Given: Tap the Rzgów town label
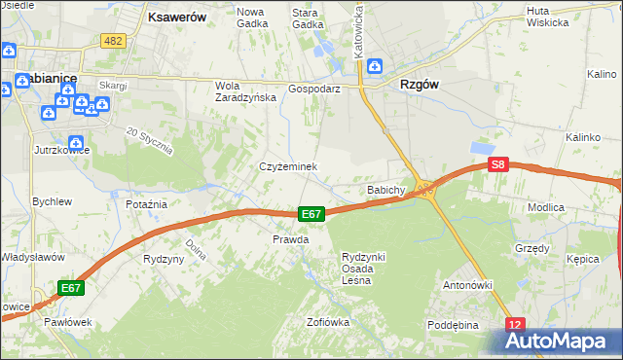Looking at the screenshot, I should coord(420,85).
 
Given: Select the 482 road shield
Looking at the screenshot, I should coord(113,40).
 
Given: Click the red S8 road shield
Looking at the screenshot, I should coord(498,166).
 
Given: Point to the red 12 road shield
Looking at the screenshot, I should coord(516,324).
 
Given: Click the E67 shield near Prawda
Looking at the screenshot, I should coord(311,214).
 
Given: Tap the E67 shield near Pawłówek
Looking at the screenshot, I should coord(70,288).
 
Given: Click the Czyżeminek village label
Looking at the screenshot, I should coord(288,166).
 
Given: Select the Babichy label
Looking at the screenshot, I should coord(385,190).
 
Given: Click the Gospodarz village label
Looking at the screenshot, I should coord(313,88).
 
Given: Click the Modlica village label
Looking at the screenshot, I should coord(573,208).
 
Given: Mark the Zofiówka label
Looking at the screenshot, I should coord(327,322).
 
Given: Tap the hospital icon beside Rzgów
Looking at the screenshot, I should coord(376,67).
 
